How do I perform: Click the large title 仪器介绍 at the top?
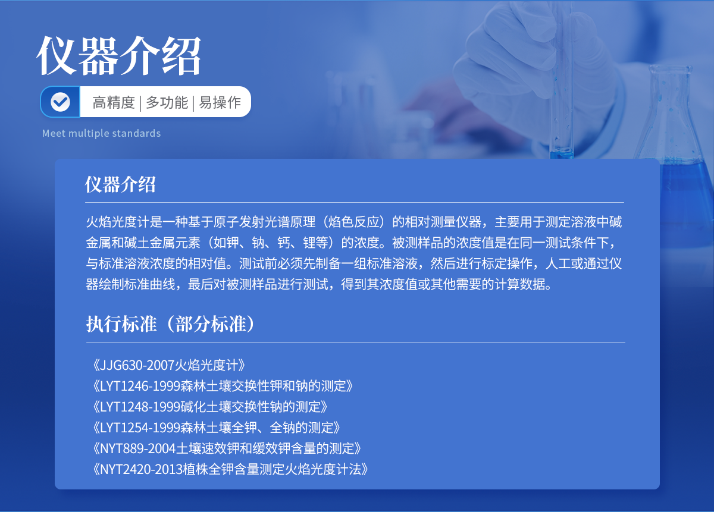(x=118, y=55)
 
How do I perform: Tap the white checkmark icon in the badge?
(x=60, y=102)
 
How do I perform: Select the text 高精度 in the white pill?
(x=114, y=103)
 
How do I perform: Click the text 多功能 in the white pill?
(x=167, y=103)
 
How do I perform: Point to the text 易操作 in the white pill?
(x=220, y=103)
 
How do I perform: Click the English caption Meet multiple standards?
(x=101, y=133)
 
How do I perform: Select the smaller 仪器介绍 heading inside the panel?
(x=120, y=184)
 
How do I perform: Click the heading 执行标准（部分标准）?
(x=171, y=324)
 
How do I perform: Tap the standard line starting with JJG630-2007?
(x=169, y=365)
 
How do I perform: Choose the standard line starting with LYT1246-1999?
(x=223, y=386)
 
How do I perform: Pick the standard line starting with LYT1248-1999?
(x=210, y=407)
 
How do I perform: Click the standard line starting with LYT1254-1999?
(x=217, y=428)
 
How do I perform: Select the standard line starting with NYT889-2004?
(x=227, y=448)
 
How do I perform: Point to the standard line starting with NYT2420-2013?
(x=230, y=469)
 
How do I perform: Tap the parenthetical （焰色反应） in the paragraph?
(x=354, y=222)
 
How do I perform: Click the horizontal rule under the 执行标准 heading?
(x=355, y=342)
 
